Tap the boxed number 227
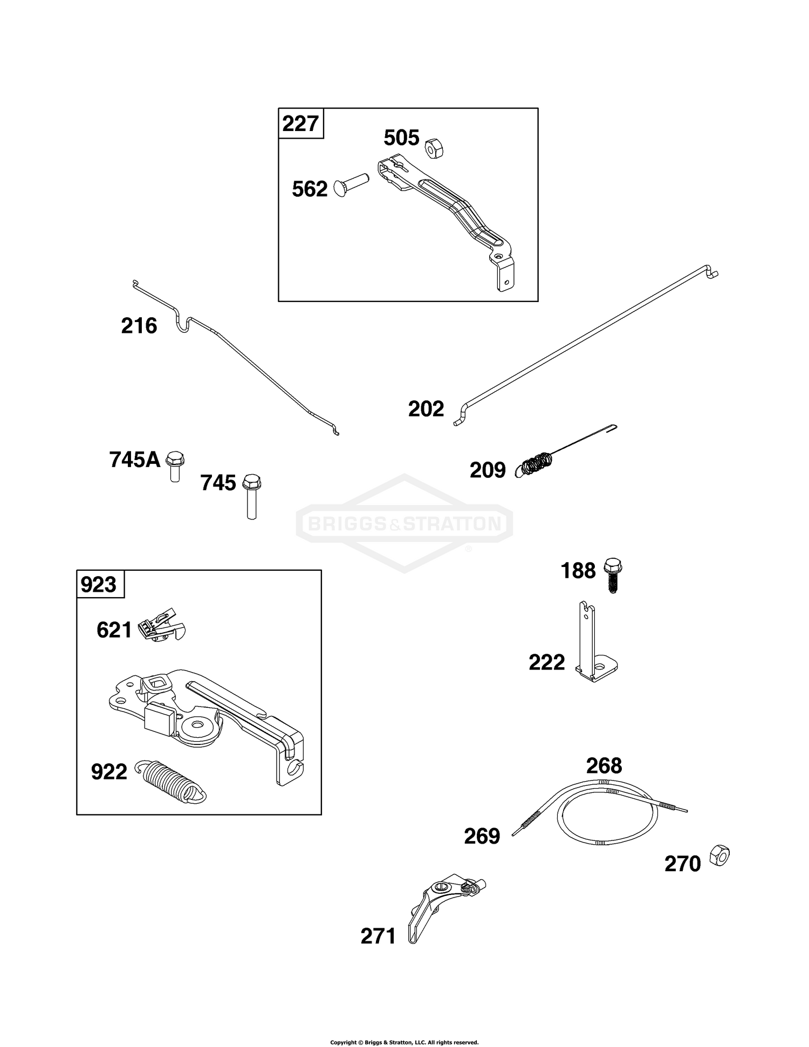coord(300,124)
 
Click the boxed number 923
coord(99,584)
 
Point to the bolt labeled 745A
coord(175,465)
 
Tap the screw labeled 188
coord(612,574)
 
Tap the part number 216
coord(139,326)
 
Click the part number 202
coord(426,409)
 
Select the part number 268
coord(604,765)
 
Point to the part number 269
coord(482,836)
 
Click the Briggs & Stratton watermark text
coord(404,523)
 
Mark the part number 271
coord(379,936)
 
